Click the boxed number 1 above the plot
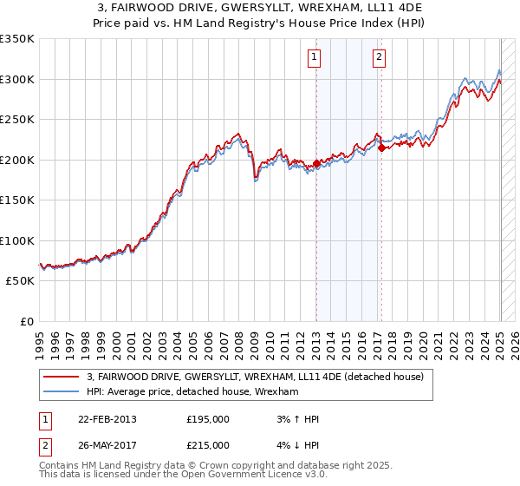click(314, 58)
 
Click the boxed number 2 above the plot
click(380, 58)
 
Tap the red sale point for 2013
click(316, 163)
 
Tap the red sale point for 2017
click(382, 148)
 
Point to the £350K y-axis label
click(17, 39)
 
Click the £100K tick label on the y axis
click(17, 240)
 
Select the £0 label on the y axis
click(26, 321)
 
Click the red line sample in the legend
click(62, 377)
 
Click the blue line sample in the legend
click(62, 392)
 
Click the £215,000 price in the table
click(208, 445)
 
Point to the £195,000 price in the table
click(208, 419)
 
